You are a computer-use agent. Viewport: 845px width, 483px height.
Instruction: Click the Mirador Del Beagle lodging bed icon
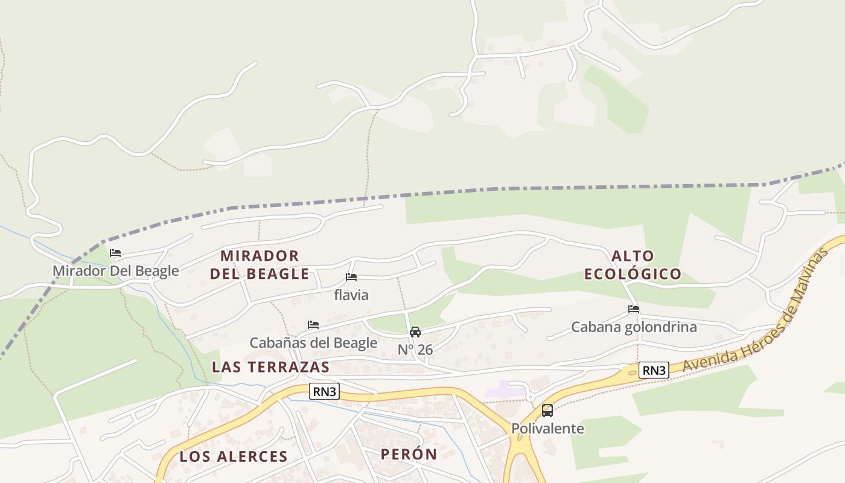coord(115,253)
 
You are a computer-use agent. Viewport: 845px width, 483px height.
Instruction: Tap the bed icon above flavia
coord(351,277)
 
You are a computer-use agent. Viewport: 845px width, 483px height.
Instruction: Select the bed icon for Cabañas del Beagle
coord(313,325)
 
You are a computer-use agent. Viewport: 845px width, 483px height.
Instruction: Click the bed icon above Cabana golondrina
coord(634,309)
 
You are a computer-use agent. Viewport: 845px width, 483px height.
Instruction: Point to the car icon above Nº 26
coord(415,332)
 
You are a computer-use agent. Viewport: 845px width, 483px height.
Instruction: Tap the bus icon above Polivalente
coord(547,411)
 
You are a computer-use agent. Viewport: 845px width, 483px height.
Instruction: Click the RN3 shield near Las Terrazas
coord(324,391)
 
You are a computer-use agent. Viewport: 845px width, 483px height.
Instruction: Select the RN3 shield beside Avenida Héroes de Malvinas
coord(654,370)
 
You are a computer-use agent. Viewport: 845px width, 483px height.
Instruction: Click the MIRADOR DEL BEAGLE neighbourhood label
coord(260,264)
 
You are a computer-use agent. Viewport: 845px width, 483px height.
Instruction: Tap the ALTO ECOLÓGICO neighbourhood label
coord(633,264)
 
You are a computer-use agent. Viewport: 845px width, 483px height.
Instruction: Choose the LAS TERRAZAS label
coord(271,367)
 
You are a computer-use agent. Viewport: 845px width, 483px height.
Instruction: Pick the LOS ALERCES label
coord(234,456)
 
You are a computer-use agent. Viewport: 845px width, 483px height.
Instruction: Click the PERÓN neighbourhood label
coord(409,454)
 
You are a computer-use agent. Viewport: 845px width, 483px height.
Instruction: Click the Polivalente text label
coord(547,429)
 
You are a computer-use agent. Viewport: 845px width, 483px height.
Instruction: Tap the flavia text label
coord(351,295)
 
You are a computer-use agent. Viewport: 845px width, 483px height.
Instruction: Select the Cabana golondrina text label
coord(634,327)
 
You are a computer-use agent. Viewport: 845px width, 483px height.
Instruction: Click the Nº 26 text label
coord(415,350)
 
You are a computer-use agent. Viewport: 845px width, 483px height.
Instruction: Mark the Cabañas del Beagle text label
coord(313,343)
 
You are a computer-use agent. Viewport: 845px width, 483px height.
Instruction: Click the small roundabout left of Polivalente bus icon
coord(530,397)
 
